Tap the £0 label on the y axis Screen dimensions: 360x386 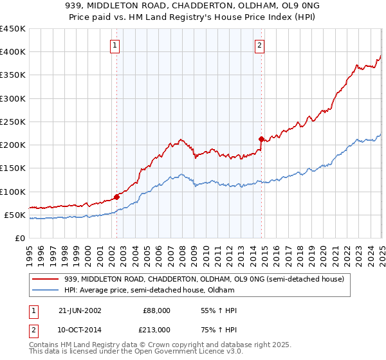click(x=19, y=239)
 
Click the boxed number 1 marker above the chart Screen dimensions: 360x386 click(x=115, y=45)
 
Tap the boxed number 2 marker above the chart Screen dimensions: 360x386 click(x=259, y=45)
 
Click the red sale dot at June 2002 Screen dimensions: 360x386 click(x=116, y=197)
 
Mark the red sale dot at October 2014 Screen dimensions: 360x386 click(x=261, y=139)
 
